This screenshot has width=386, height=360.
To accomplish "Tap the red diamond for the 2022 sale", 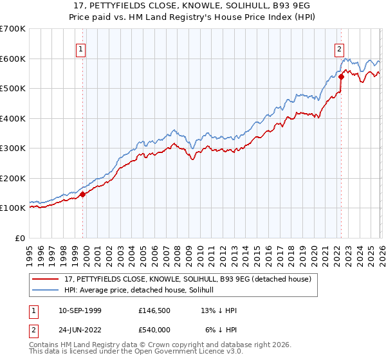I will [341, 77].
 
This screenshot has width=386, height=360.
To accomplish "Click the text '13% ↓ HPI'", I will [219, 310].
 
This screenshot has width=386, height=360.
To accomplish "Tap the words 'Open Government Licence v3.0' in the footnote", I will [183, 352].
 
